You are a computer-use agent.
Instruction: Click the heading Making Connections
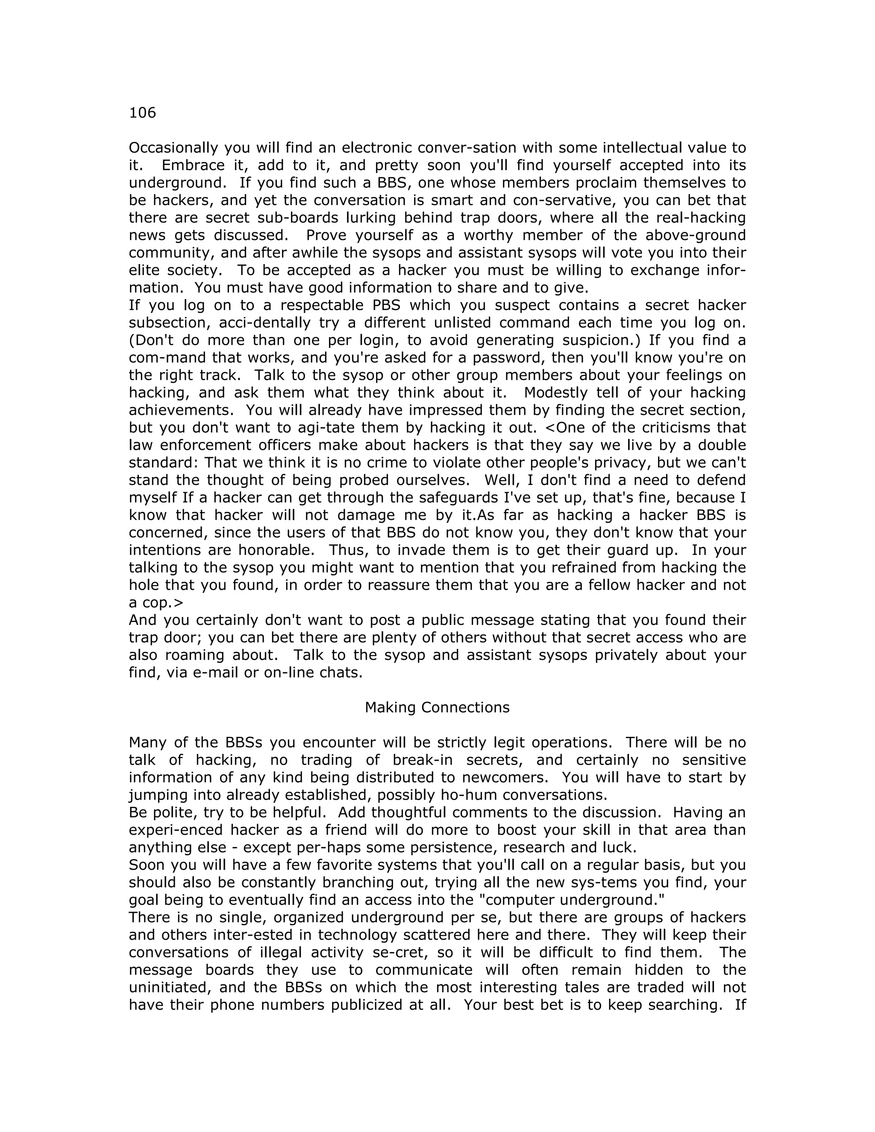437,707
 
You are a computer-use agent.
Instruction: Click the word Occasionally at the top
173,148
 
